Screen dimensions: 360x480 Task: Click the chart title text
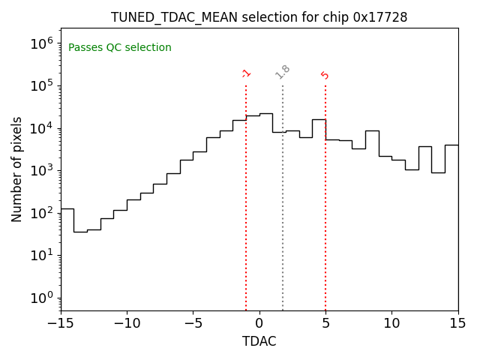coord(259,17)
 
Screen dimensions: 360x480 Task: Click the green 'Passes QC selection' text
coord(120,48)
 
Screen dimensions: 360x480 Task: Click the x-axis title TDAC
coord(259,341)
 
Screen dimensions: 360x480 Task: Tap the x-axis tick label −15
coord(61,323)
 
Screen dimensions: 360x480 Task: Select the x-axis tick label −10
coord(127,323)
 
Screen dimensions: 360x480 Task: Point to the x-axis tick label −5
coord(193,323)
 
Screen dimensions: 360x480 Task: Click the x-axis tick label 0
coord(259,323)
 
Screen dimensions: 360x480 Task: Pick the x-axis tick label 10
coord(391,323)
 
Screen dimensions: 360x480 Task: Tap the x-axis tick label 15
coord(457,323)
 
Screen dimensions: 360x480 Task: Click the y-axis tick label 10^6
coord(42,43)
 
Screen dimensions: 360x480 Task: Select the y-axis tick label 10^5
coord(42,85)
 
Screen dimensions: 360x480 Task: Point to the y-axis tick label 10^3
coord(42,170)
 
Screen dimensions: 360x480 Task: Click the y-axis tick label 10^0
coord(42,298)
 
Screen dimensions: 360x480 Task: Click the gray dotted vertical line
coord(283,225)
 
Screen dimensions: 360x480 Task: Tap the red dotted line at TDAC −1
coord(246,225)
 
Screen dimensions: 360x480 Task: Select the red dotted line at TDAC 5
coord(325,225)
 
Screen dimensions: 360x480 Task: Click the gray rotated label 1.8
coord(283,72)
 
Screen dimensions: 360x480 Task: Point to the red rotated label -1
coord(246,73)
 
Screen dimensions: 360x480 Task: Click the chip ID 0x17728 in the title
coord(379,17)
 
